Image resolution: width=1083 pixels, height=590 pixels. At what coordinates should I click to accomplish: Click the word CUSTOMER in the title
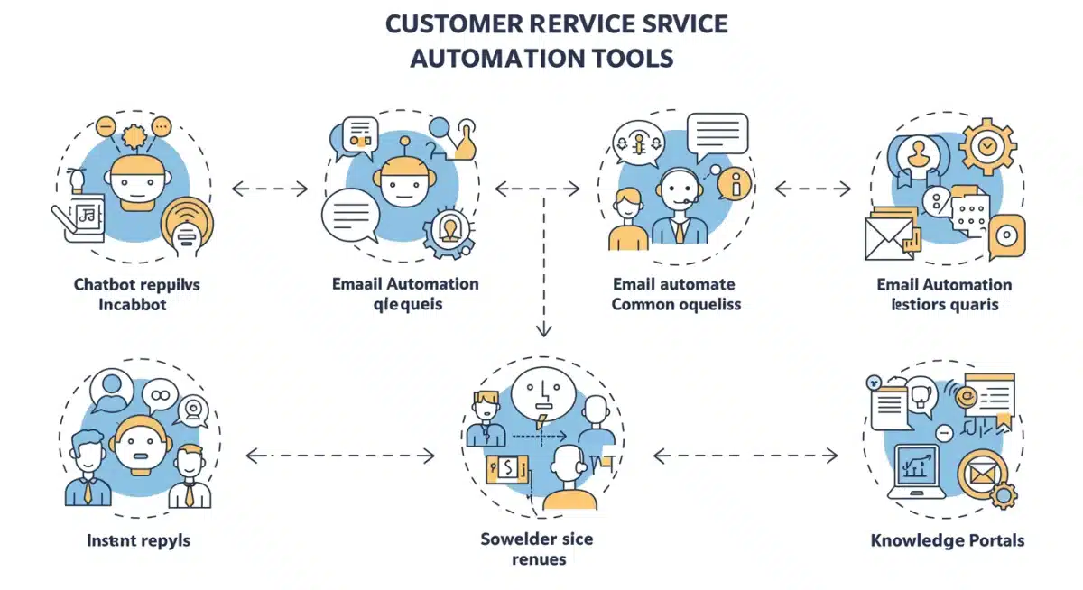coord(450,23)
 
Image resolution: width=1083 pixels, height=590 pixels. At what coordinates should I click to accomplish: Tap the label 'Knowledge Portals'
coord(947,540)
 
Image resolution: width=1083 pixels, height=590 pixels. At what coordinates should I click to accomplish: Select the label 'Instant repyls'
coord(138,540)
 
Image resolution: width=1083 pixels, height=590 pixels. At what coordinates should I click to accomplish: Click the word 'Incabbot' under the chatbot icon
coord(133,304)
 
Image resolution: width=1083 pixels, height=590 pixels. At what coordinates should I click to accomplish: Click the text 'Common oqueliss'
coord(676,304)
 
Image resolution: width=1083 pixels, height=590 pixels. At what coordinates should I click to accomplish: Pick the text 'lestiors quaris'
coord(944,304)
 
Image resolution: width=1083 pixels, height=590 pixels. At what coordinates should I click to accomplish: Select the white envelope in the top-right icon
coord(889,238)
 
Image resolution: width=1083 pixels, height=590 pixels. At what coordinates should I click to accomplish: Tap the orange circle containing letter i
coord(735,185)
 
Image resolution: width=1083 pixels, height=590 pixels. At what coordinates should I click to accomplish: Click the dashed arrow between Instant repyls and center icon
coord(340,456)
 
